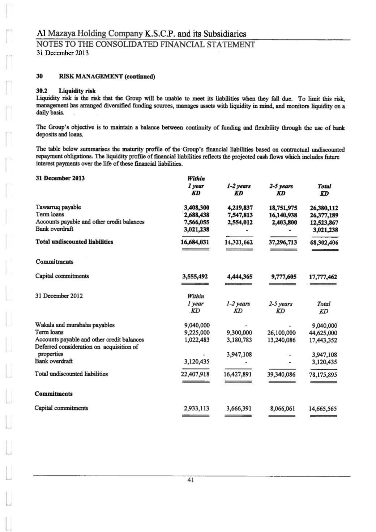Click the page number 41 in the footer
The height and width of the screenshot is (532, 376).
[x=191, y=480]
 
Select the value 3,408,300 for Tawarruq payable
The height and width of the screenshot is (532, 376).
[x=196, y=208]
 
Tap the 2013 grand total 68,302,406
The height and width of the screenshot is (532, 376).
[x=324, y=243]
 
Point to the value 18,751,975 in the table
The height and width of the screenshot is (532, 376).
[x=283, y=208]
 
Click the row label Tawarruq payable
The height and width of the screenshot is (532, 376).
[x=58, y=207]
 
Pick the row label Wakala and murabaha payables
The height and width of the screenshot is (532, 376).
[x=75, y=325]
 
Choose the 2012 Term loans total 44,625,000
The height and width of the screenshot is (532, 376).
[x=323, y=333]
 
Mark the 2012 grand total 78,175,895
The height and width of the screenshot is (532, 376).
[x=323, y=375]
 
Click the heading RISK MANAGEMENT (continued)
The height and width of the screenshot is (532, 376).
[x=107, y=77]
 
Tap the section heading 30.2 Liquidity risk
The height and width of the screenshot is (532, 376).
[x=66, y=91]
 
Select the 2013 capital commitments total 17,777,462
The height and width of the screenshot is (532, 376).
[x=323, y=277]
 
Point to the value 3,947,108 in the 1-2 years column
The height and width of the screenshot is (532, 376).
[x=239, y=354]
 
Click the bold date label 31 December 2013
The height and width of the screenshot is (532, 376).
[x=60, y=178]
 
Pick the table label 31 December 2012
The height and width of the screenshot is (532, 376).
[x=59, y=296]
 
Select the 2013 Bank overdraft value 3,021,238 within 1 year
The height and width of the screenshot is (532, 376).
[x=196, y=229]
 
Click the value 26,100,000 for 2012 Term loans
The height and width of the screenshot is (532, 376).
[x=281, y=333]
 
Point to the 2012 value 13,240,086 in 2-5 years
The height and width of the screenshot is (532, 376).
[x=281, y=340]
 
